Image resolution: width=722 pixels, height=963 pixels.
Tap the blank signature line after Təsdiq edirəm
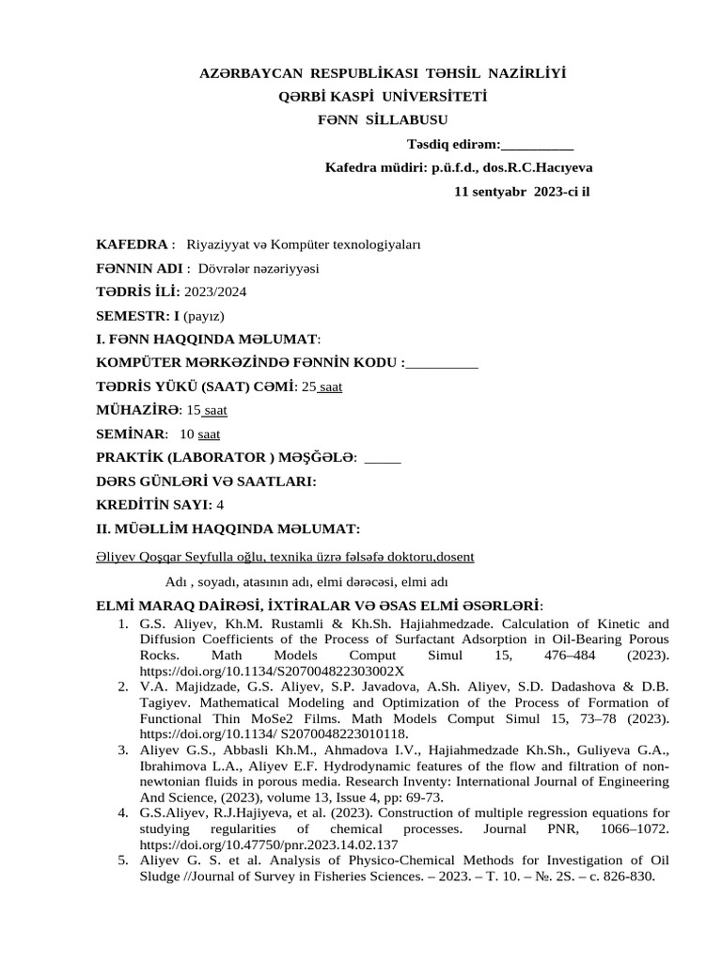537,144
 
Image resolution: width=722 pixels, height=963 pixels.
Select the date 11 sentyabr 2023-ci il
523,191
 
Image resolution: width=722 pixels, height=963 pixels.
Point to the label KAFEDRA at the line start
133,245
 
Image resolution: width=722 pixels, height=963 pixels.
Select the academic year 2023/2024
221,292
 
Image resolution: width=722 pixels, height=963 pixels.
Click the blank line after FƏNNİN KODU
443,362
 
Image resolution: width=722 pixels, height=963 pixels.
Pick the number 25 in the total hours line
308,386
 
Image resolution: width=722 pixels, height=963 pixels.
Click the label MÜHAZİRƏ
138,410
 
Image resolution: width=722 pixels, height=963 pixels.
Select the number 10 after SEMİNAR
187,434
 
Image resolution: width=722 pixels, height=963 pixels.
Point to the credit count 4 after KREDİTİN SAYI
220,504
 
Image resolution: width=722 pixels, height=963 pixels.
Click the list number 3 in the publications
122,750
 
